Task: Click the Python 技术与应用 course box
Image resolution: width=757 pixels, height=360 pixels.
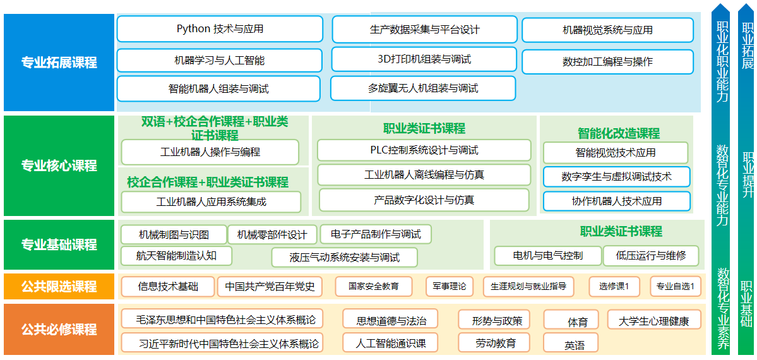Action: point(220,29)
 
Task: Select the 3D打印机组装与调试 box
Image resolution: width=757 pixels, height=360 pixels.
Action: point(424,59)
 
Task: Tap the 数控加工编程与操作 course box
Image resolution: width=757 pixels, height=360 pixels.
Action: point(607,62)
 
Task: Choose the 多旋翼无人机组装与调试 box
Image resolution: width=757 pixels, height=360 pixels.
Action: point(422,88)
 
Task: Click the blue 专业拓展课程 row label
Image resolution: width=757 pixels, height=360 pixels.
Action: point(59,63)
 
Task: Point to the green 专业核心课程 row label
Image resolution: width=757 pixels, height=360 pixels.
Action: point(59,165)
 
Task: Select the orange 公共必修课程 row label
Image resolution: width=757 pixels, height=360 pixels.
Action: point(59,329)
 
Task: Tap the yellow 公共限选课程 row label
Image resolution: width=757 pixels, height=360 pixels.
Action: point(59,287)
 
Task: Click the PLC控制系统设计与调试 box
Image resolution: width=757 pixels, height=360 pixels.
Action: point(424,150)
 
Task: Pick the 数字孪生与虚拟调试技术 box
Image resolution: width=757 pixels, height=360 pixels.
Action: point(616,177)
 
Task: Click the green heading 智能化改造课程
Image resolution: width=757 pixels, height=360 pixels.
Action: point(618,133)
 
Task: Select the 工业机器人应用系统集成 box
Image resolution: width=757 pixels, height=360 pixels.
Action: point(211,202)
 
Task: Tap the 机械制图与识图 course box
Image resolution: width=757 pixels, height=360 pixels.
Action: point(174,235)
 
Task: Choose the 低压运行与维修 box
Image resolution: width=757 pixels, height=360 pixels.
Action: point(650,256)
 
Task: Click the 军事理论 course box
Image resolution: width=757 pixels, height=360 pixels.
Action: point(450,287)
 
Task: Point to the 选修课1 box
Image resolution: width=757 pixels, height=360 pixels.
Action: point(614,287)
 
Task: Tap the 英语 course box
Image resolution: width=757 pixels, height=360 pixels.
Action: point(574,345)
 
